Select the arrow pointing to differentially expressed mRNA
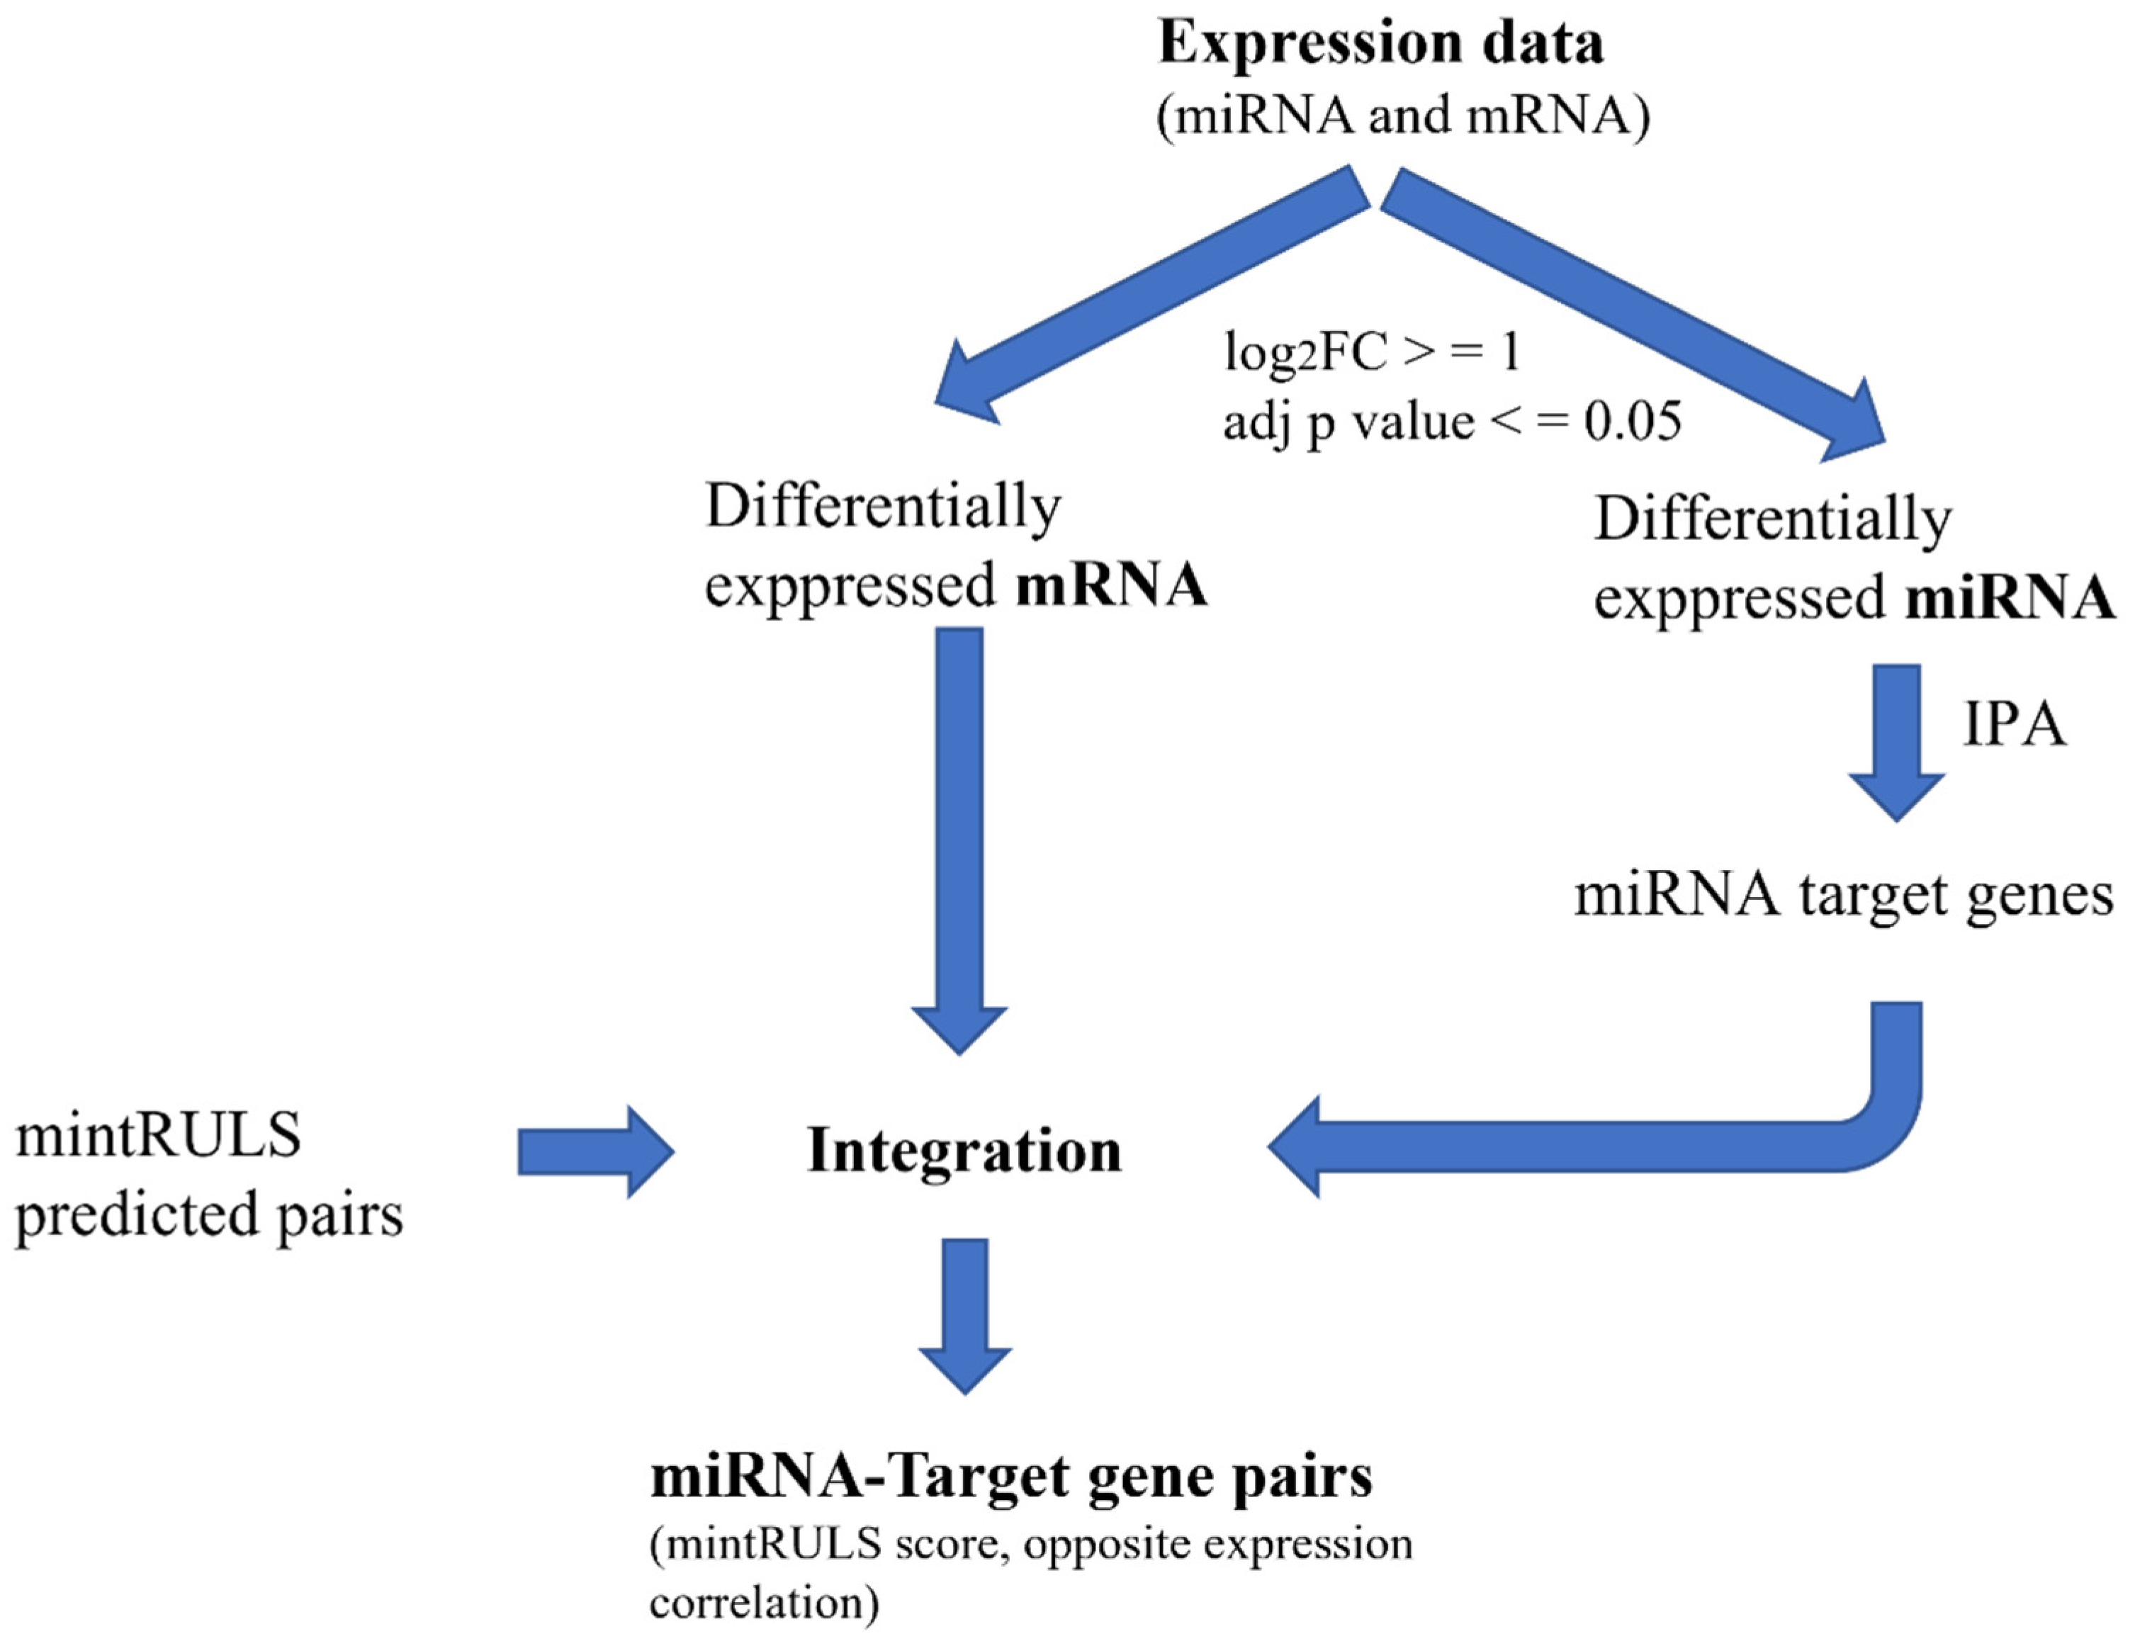[1152, 293]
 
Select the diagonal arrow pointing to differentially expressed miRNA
[1631, 312]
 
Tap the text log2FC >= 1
[1373, 351]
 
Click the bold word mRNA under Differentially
[1112, 586]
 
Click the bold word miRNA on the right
[2010, 598]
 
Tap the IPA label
[2014, 726]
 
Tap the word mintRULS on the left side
[158, 1136]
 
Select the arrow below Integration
[965, 1314]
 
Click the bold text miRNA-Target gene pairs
[1011, 1476]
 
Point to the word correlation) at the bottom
[764, 1603]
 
